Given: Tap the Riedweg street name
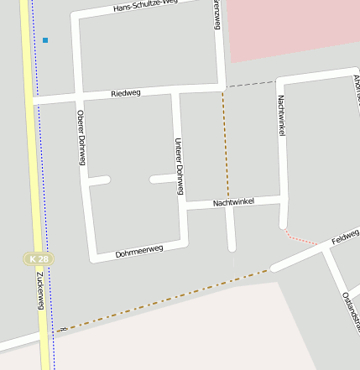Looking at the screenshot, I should [x=127, y=93].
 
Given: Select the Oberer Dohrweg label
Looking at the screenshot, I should [x=81, y=138].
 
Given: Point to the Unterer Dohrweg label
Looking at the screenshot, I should [x=179, y=166].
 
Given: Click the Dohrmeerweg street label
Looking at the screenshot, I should [x=139, y=250].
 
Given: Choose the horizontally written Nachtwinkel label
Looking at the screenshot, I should [x=233, y=203].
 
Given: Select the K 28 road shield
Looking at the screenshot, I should [x=38, y=259].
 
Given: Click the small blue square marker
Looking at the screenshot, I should [x=45, y=40].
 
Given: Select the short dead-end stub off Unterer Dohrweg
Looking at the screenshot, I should [x=161, y=179].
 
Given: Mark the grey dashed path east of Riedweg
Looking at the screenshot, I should [x=250, y=84].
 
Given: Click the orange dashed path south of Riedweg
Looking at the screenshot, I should [x=226, y=143].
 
